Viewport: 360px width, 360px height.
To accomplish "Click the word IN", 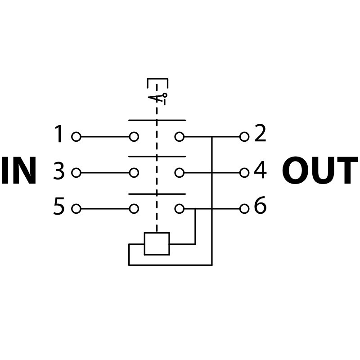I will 19,171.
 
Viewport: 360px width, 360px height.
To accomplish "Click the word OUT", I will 319,171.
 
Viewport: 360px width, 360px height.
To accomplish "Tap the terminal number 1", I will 59,135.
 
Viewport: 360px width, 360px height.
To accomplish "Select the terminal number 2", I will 260,134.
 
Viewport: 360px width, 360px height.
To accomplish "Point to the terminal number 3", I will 59,172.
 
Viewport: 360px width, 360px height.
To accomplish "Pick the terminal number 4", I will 260,171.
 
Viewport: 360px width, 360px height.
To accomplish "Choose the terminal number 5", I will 59,207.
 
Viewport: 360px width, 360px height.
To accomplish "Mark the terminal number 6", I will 260,207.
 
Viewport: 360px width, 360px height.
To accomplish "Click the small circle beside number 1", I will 76,137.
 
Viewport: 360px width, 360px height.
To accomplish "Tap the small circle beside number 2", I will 244,137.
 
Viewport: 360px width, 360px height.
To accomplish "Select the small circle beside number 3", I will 76,173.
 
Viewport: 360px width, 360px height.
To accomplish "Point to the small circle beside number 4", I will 244,173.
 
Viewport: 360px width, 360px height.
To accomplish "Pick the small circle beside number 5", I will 76,209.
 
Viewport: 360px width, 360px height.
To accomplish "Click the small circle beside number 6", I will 244,209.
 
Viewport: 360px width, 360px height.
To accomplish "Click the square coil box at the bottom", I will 157,244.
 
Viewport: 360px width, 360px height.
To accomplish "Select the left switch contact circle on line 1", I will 134,137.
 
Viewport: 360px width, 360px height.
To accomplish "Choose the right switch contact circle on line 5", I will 180,209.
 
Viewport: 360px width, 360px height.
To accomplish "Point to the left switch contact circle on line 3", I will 134,173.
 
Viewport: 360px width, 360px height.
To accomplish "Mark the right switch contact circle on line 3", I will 180,173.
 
